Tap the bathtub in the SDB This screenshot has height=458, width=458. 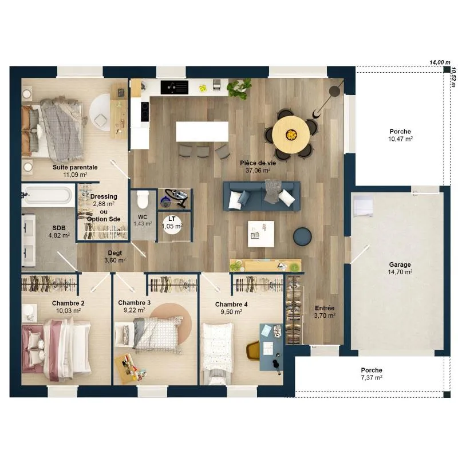(x=48, y=195)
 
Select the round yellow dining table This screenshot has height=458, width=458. (x=291, y=135)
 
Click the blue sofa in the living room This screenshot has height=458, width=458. (x=262, y=196)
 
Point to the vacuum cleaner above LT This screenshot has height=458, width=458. (x=175, y=198)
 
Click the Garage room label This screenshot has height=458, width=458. (x=400, y=264)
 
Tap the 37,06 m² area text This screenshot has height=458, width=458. (x=258, y=170)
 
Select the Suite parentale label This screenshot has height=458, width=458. (x=75, y=167)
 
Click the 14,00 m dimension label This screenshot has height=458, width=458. (x=440, y=62)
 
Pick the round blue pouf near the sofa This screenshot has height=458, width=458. (x=302, y=236)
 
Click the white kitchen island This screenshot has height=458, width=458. (x=202, y=132)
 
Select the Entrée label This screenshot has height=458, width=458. (x=325, y=308)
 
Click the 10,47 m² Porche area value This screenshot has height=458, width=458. (x=400, y=139)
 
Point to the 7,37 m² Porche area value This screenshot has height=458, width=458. (x=372, y=378)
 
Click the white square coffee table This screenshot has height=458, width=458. (x=261, y=234)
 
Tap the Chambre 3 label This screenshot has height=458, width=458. (x=134, y=303)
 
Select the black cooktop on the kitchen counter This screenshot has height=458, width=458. (x=175, y=88)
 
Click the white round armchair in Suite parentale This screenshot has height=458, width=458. (x=100, y=113)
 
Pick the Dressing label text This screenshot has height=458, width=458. (x=104, y=196)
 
